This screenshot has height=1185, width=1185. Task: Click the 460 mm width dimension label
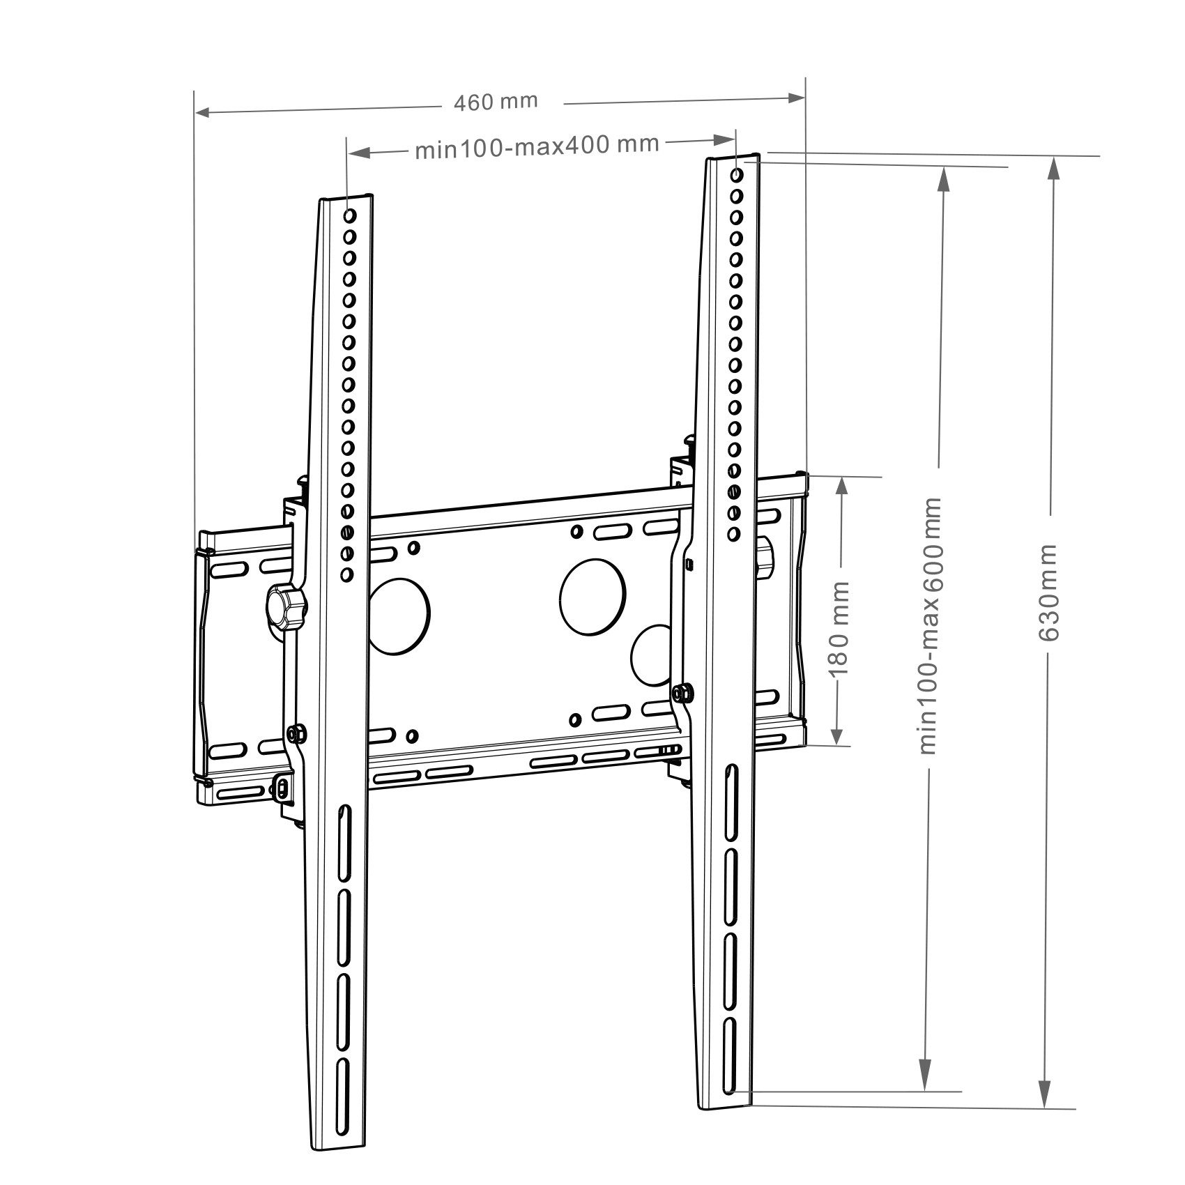496,102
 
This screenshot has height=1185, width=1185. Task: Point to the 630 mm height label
1048,593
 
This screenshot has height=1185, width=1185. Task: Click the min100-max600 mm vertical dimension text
931,625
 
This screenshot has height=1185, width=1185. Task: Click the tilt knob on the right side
765,557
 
